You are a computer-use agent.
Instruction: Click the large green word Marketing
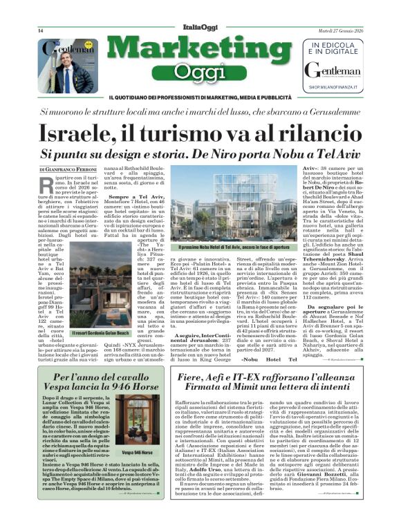(x=200, y=51)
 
